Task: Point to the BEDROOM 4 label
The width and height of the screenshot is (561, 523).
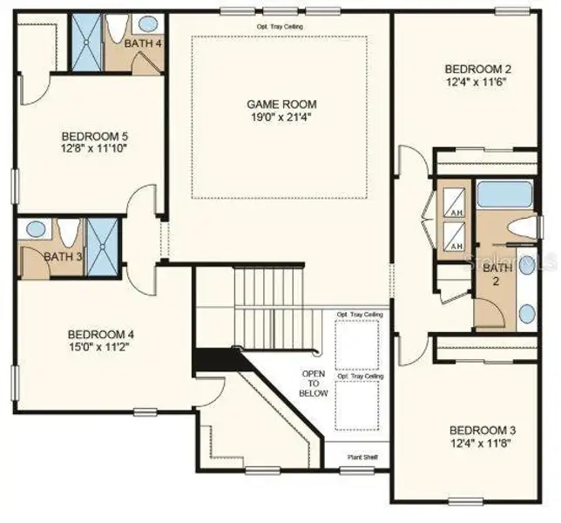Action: pos(101,334)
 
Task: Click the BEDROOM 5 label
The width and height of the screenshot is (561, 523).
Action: pos(94,136)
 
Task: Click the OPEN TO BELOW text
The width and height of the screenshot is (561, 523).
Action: pos(314,384)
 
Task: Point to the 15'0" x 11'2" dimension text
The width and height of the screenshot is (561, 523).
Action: pos(101,347)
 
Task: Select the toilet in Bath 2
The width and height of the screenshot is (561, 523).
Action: pos(523,229)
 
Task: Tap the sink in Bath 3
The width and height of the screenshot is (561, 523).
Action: pos(36,230)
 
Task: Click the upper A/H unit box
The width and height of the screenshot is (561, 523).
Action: pos(454,203)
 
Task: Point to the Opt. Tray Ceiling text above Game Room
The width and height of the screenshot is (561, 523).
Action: pos(279,26)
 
